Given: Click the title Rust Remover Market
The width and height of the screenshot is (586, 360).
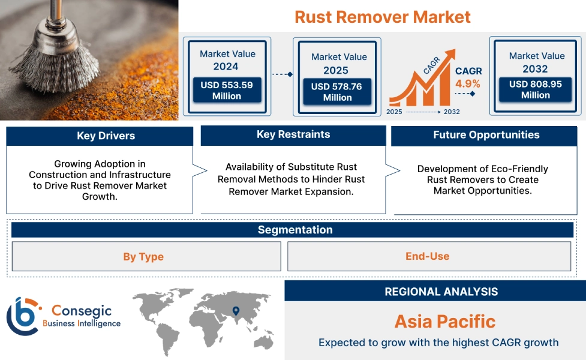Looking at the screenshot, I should (382, 16).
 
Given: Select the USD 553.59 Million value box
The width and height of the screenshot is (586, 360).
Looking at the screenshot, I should (227, 91).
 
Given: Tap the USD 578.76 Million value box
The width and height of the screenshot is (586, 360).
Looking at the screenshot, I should (337, 92).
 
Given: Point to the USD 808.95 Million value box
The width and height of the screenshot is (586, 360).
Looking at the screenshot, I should (535, 89).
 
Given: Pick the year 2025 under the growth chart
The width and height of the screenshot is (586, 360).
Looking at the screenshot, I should (395, 112).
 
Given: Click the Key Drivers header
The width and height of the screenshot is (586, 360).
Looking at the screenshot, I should (100, 136).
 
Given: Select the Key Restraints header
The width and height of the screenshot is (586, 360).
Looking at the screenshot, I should (293, 135).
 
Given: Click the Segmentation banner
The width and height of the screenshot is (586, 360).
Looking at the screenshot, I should (294, 230).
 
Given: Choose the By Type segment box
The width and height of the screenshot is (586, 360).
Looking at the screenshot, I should (143, 257).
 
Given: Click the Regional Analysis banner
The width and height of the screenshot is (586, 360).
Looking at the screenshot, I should (441, 292).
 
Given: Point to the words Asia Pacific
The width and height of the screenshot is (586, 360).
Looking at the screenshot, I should (444, 321).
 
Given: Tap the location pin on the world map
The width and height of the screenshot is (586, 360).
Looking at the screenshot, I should (236, 311).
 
